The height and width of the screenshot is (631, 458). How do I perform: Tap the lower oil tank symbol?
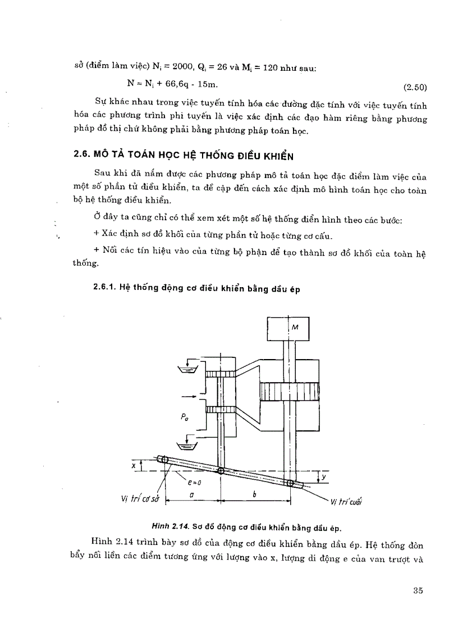184,447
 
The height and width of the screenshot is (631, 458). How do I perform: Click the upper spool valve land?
219,374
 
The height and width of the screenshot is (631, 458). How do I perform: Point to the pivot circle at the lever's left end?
164,460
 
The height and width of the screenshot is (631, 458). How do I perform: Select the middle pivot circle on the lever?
220,471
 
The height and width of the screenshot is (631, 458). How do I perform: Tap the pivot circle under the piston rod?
290,483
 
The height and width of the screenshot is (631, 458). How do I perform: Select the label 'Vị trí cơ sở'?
136,501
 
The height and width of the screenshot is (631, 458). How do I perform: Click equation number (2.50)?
415,87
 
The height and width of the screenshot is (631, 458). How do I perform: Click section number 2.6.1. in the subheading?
105,287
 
